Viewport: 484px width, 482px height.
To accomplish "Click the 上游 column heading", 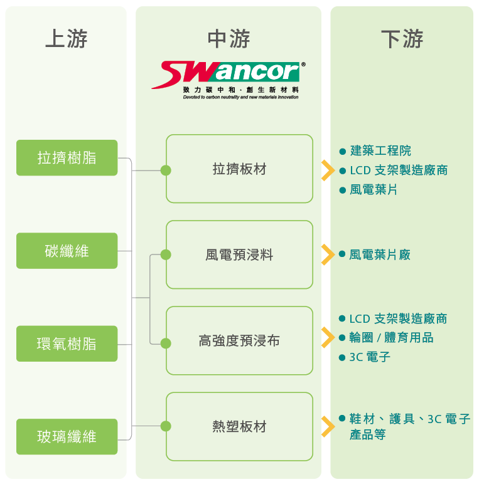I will coord(66,39).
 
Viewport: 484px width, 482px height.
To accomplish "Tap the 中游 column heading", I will coord(229,39).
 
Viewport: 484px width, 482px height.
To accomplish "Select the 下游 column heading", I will coord(402,39).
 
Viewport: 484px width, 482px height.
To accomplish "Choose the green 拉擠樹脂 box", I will coord(67,157).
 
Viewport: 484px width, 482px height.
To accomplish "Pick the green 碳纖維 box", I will coord(67,251).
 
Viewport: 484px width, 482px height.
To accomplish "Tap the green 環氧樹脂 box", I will coord(67,343).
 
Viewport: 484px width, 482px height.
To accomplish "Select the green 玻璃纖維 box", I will coord(67,436).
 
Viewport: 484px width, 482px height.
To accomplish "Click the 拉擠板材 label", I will coord(239,169).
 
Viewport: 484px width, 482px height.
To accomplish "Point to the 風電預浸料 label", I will coord(239,255).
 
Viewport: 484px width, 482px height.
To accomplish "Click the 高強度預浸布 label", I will coord(239,341).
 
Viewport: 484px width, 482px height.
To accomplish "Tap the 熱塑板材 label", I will coord(239,427).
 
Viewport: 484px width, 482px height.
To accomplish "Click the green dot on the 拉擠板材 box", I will coord(166,170).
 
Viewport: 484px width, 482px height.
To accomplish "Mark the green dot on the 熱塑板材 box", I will coord(166,426).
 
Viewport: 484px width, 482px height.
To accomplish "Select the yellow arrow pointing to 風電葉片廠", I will coord(326,254).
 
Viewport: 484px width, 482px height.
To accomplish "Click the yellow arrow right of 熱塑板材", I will coord(326,426).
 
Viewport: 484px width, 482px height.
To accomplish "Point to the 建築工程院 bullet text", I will coord(380,151).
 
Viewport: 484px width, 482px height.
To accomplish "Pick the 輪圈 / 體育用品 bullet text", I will coord(391,338).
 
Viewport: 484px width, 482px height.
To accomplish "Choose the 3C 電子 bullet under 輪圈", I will coord(370,357).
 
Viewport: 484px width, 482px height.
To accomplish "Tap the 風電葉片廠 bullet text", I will coord(380,254).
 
